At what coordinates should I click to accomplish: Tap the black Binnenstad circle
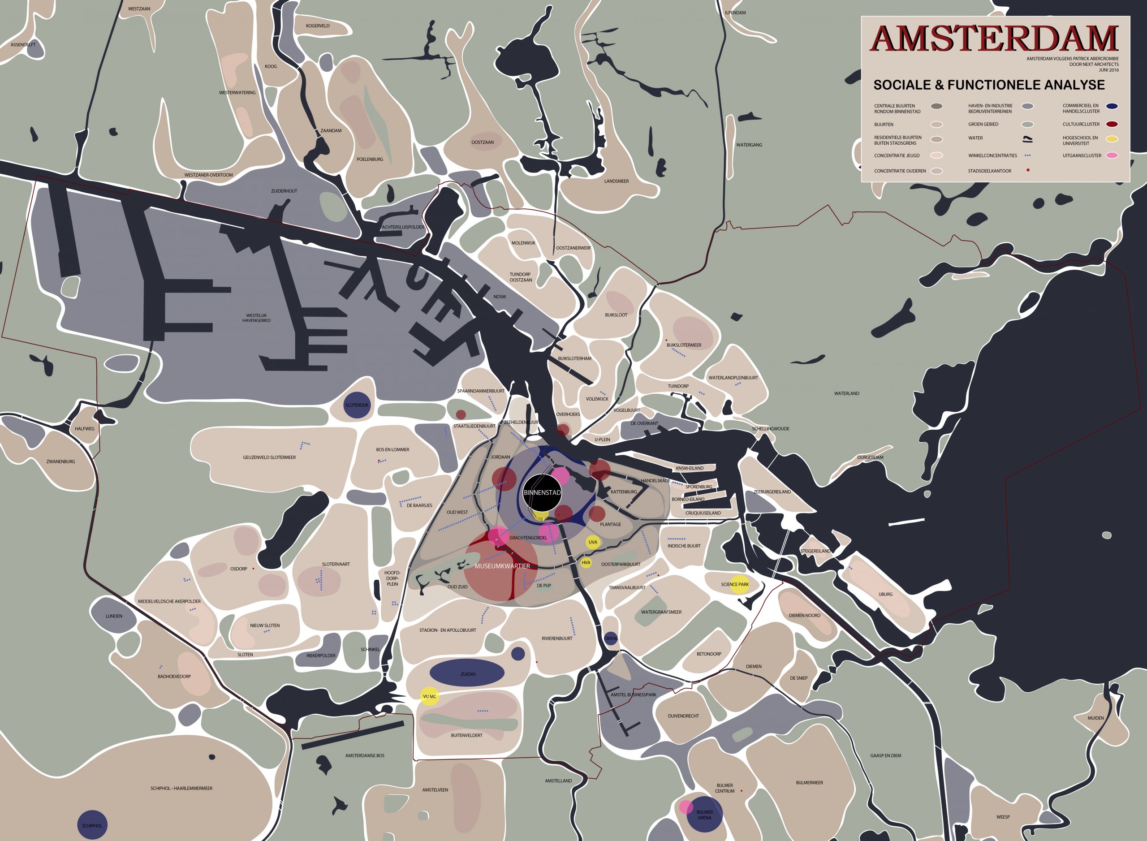(542, 492)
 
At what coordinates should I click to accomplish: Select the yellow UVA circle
(593, 542)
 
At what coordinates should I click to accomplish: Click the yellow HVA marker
(586, 562)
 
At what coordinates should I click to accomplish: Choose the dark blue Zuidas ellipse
(467, 673)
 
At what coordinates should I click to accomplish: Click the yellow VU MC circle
(429, 696)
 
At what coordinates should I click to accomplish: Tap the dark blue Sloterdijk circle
(357, 405)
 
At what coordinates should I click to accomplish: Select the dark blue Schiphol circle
(92, 825)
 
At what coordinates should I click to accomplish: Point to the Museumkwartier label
(502, 566)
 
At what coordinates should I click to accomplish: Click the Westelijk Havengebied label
(256, 318)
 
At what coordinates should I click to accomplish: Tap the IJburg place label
(885, 594)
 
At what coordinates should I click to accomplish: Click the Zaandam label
(331, 131)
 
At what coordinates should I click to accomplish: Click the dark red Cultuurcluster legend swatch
(1112, 124)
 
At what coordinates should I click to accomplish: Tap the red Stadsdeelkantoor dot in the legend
(1028, 170)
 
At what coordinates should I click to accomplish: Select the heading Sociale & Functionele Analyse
(989, 85)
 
